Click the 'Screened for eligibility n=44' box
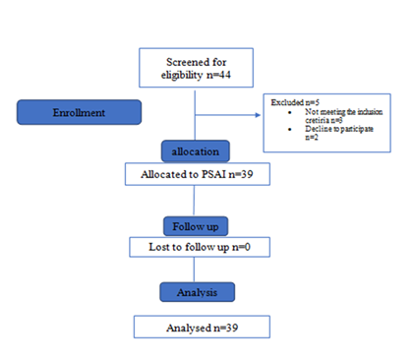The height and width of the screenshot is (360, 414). click(x=197, y=67)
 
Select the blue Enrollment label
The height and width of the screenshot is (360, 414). click(x=79, y=112)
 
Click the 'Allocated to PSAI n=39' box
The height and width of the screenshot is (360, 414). click(x=197, y=174)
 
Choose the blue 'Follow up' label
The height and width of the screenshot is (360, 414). click(x=197, y=222)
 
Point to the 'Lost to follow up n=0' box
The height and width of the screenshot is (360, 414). click(x=197, y=245)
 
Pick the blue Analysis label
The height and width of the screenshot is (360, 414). click(x=197, y=291)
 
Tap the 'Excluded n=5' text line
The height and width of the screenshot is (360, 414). click(x=285, y=101)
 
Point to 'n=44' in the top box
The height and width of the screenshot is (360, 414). click(x=218, y=73)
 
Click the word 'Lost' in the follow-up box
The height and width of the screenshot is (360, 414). click(x=148, y=245)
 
